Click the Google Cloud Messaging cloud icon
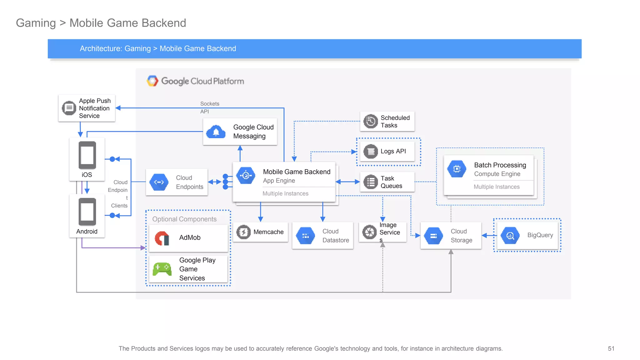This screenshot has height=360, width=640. click(216, 132)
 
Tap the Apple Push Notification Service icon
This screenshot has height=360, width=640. click(69, 108)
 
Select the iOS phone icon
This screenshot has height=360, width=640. click(87, 155)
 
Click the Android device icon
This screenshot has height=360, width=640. click(87, 212)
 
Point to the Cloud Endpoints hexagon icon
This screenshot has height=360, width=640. click(159, 182)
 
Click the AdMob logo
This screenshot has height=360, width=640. click(162, 238)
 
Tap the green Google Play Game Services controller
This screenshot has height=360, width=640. click(162, 269)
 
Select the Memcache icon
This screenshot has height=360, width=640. click(243, 232)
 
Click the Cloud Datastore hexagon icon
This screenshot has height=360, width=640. click(306, 236)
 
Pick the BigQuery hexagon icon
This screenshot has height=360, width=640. click(510, 235)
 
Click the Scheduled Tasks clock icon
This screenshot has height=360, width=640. click(371, 121)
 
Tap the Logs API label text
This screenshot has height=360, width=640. click(393, 151)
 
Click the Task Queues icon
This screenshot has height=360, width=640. click(371, 182)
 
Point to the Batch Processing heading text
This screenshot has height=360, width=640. click(500, 165)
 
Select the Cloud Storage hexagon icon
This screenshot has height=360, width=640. click(433, 236)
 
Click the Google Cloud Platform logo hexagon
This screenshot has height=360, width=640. click(152, 81)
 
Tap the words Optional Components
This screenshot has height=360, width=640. click(184, 219)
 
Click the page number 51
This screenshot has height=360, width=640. click(611, 348)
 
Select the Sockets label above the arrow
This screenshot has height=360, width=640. click(210, 104)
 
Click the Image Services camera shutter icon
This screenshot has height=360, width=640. click(369, 232)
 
